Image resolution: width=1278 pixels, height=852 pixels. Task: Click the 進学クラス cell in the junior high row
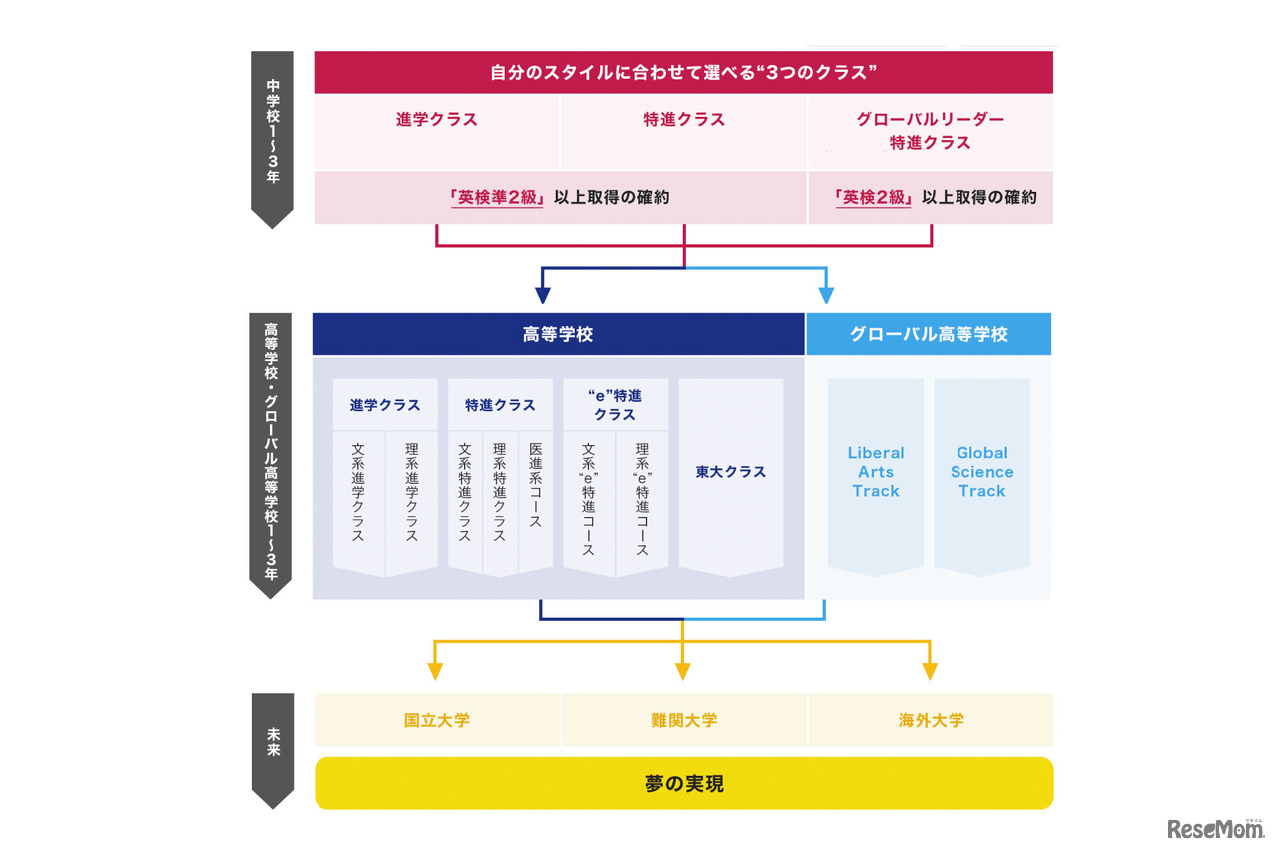click(436, 120)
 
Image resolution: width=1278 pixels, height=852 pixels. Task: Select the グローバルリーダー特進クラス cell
click(930, 131)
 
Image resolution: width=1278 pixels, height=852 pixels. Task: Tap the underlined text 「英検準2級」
click(496, 198)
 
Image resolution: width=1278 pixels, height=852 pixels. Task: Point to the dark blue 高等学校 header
click(558, 335)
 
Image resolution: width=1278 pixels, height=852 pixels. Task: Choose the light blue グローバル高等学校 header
click(929, 335)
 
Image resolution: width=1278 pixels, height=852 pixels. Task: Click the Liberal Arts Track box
click(876, 472)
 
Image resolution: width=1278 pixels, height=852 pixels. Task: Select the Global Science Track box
click(981, 472)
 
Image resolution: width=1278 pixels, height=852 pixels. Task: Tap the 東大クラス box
click(731, 472)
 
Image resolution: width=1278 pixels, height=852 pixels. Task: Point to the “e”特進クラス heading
click(615, 405)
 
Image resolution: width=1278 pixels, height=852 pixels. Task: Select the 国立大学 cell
click(436, 720)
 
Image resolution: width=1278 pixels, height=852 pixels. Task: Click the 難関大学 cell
click(684, 720)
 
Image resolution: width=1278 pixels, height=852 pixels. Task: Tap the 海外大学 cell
click(931, 720)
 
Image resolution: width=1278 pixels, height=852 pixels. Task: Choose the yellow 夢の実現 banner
click(684, 784)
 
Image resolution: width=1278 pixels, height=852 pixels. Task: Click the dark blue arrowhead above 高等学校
click(542, 295)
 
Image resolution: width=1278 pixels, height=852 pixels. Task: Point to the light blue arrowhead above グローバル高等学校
click(826, 295)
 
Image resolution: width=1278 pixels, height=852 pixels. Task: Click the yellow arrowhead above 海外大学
click(930, 671)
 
